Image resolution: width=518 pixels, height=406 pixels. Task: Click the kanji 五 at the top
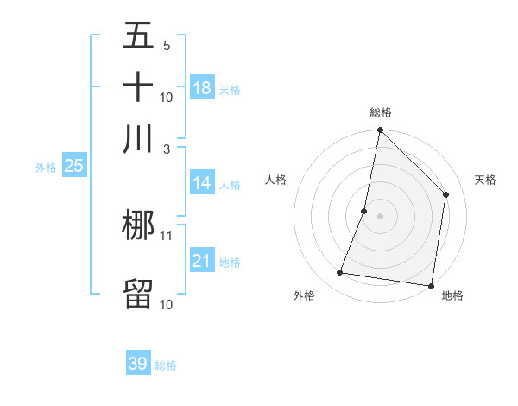pyautogui.click(x=138, y=36)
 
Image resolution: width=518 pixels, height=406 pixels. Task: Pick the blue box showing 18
pyautogui.click(x=202, y=87)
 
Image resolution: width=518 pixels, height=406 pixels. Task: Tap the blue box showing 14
pyautogui.click(x=202, y=183)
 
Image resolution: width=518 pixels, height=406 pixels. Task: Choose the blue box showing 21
pyautogui.click(x=202, y=261)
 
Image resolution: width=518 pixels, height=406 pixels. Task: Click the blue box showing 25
pyautogui.click(x=74, y=167)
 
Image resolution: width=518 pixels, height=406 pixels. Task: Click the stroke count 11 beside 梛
pyautogui.click(x=167, y=235)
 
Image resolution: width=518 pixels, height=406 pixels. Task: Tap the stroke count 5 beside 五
pyautogui.click(x=167, y=46)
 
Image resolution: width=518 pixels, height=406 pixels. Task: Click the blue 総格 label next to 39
pyautogui.click(x=167, y=365)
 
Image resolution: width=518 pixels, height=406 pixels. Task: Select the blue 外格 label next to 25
pyautogui.click(x=46, y=168)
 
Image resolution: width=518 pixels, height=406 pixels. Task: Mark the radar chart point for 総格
pyautogui.click(x=380, y=131)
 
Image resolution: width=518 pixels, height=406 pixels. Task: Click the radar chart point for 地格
pyautogui.click(x=432, y=285)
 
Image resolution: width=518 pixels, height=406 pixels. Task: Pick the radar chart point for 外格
pyautogui.click(x=340, y=273)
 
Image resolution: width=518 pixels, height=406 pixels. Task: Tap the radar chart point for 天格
pyautogui.click(x=446, y=194)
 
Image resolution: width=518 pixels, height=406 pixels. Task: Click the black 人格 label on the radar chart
pyautogui.click(x=276, y=180)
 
